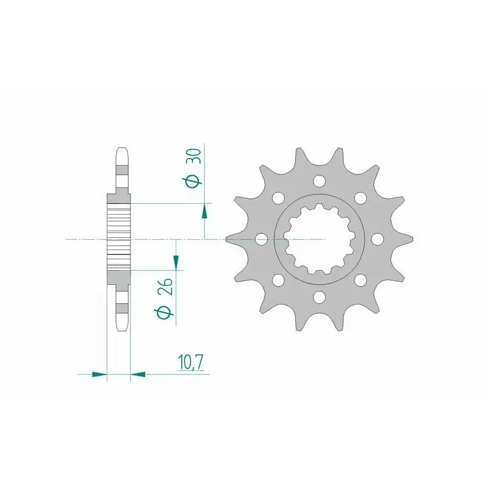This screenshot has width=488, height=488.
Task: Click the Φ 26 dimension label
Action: point(164,298)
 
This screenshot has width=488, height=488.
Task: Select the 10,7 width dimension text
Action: point(191,362)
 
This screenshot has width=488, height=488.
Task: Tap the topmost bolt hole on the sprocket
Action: point(319,181)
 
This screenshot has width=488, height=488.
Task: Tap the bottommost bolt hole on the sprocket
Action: point(319,297)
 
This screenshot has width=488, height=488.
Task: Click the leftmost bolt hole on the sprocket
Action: point(261,239)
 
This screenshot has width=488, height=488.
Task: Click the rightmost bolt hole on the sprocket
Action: point(377,239)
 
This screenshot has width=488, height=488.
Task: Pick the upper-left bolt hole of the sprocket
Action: point(278,198)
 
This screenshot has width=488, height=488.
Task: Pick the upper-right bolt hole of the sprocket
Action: point(361,198)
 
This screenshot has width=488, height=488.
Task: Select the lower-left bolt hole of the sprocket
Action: point(278,280)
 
